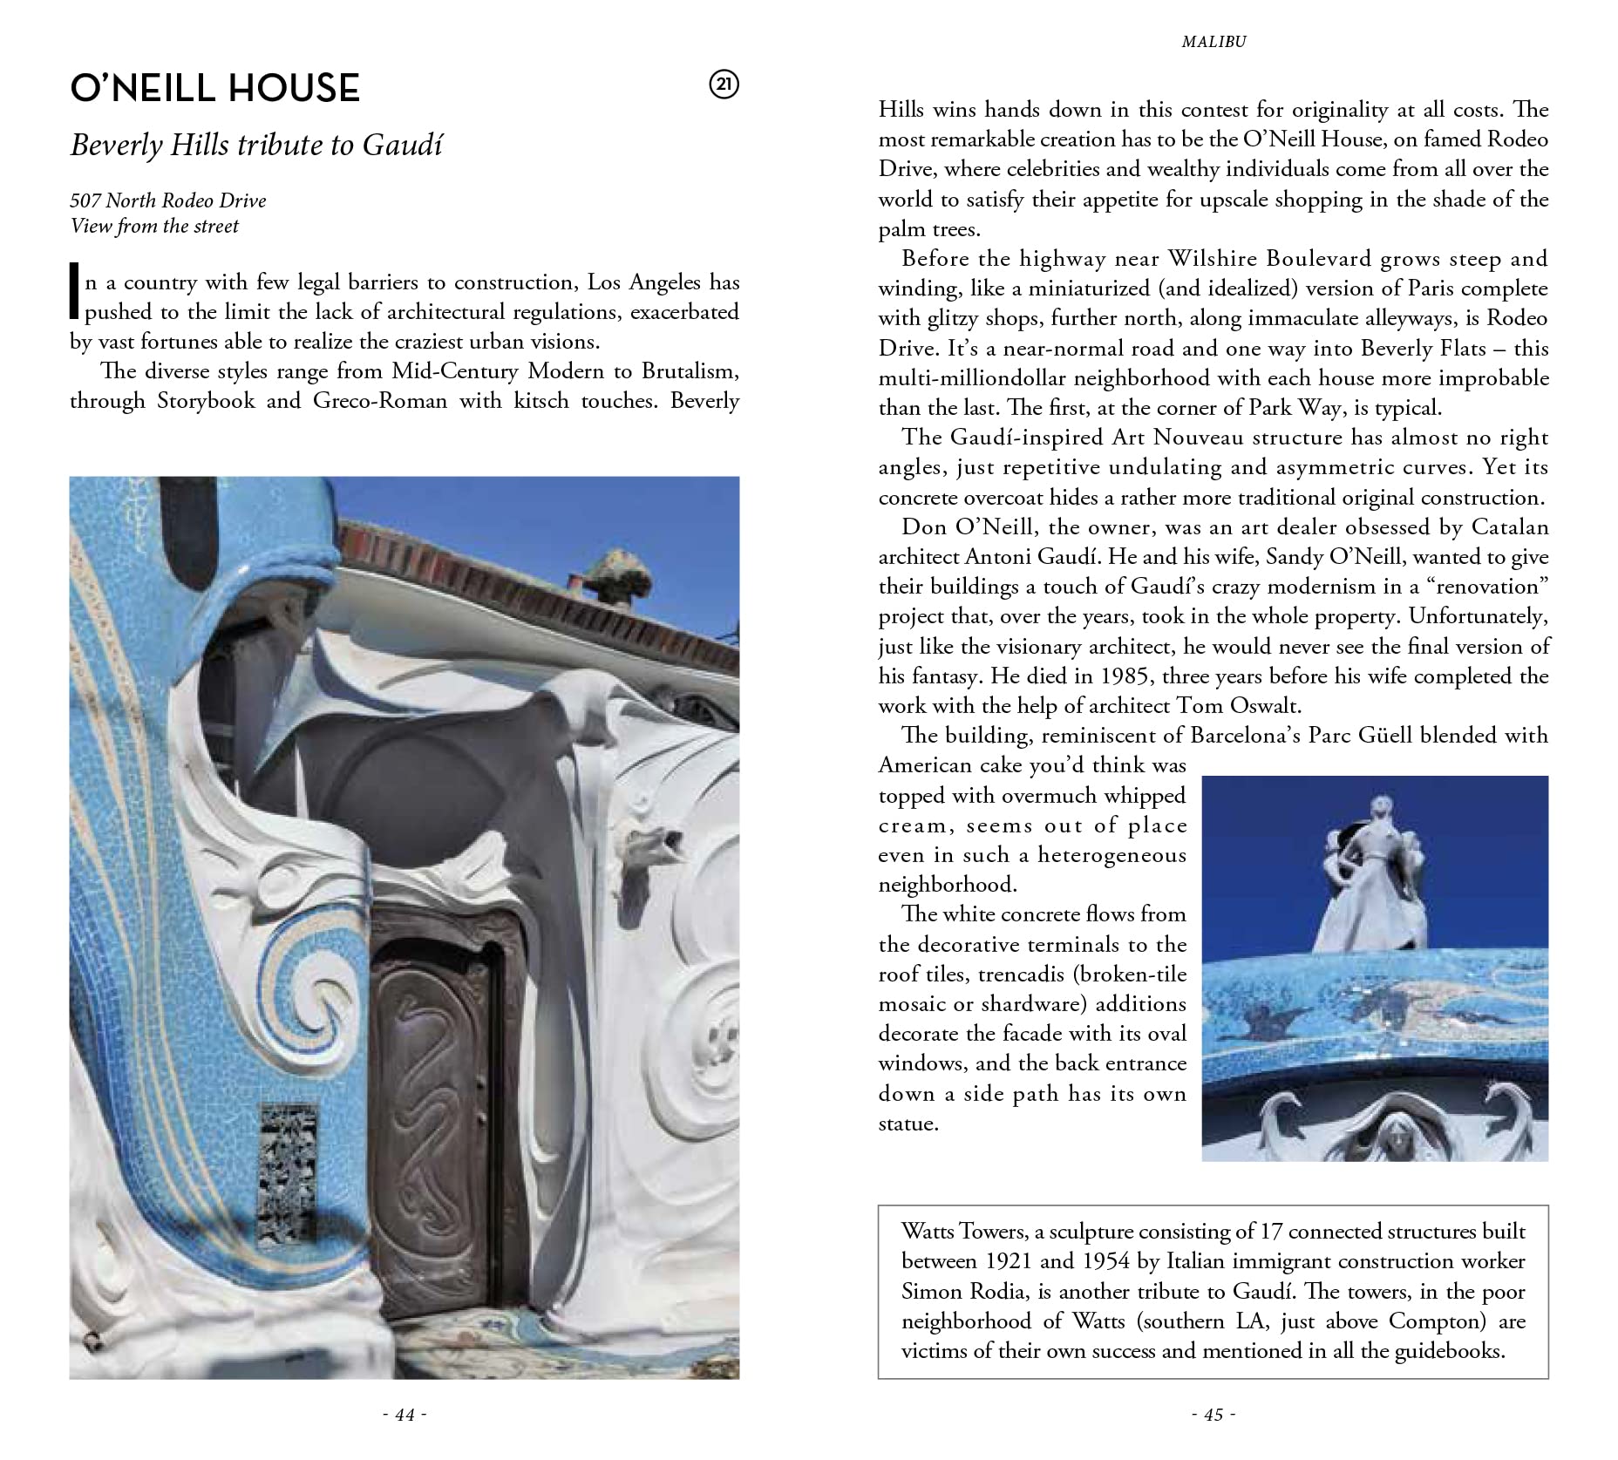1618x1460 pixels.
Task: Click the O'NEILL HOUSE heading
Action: pyautogui.click(x=214, y=88)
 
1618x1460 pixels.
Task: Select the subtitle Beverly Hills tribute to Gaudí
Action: pyautogui.click(x=255, y=145)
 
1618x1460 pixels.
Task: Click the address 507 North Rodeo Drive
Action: pyautogui.click(x=167, y=200)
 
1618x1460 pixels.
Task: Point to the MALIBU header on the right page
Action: pyautogui.click(x=1213, y=42)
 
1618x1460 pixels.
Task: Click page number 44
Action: pyautogui.click(x=404, y=1415)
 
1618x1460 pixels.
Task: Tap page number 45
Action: pyautogui.click(x=1213, y=1415)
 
